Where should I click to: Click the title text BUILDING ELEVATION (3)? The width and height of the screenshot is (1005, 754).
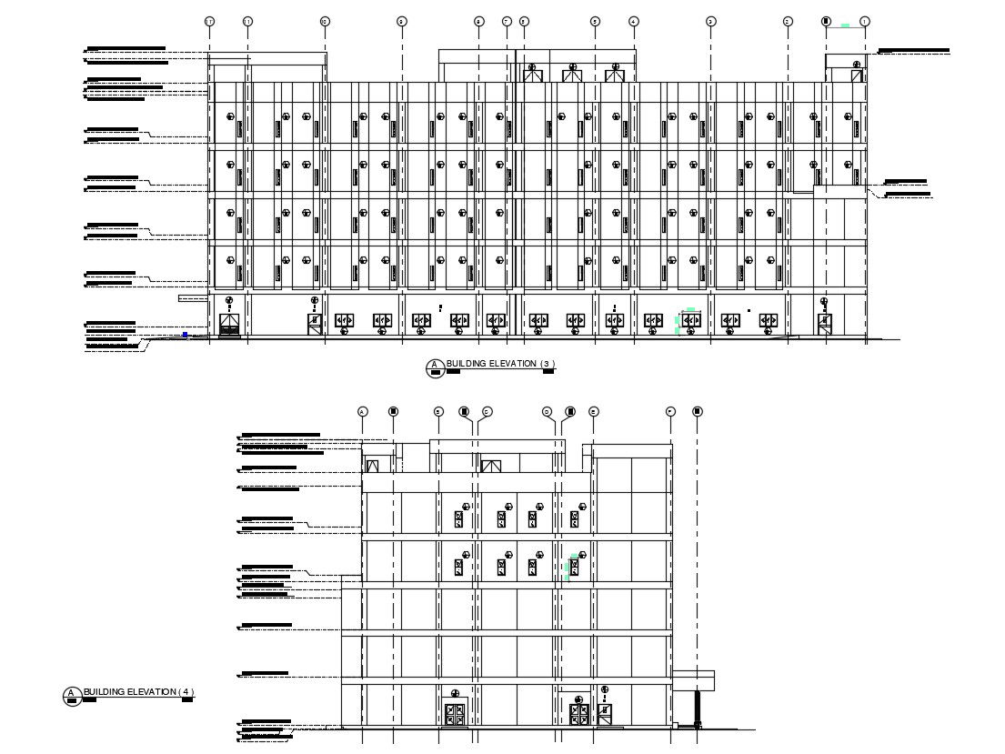[499, 364]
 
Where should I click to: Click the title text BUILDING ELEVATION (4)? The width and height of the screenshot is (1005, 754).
[138, 692]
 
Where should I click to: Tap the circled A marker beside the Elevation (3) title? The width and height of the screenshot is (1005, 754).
[435, 367]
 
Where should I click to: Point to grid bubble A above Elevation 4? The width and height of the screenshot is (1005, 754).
[362, 412]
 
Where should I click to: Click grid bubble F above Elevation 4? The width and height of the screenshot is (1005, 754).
[670, 412]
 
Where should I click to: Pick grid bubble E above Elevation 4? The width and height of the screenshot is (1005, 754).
[594, 412]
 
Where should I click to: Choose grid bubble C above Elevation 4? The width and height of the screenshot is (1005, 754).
[487, 412]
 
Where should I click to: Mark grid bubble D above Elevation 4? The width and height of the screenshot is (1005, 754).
[548, 412]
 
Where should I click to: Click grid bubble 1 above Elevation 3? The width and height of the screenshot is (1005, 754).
[864, 21]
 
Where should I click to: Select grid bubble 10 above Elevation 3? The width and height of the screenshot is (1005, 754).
[248, 21]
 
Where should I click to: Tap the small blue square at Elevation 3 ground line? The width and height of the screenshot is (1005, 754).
[186, 335]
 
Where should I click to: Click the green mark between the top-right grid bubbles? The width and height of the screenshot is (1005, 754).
[846, 25]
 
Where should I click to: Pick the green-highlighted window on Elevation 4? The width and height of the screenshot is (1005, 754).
[573, 568]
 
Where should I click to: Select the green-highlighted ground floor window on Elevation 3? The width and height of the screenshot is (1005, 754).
[690, 320]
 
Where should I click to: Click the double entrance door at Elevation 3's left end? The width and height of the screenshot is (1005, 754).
[229, 325]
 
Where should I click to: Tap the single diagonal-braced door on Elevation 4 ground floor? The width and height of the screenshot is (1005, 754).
[605, 712]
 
